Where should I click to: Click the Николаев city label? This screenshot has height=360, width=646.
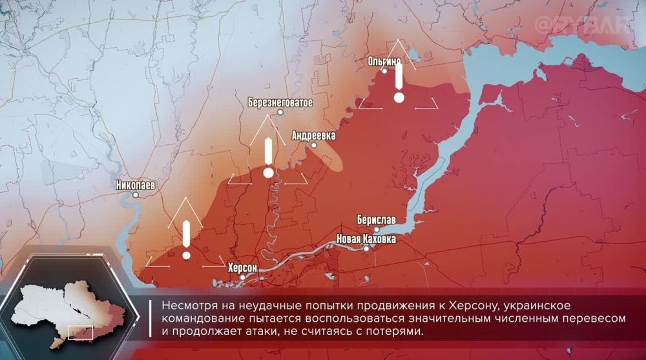(x=136, y=185)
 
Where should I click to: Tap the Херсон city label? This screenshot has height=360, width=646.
(x=243, y=267)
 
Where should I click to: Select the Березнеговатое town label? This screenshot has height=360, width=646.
(x=280, y=102)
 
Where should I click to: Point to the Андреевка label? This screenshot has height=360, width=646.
(x=314, y=136)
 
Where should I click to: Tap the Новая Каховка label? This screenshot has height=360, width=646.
(x=366, y=238)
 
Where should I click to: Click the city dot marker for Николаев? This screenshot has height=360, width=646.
(x=136, y=195)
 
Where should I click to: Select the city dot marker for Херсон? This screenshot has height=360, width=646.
(x=243, y=277)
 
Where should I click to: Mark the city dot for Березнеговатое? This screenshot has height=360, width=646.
(x=280, y=112)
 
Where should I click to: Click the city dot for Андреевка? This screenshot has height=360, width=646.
(x=314, y=145)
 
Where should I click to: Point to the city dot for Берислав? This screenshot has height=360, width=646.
(x=377, y=229)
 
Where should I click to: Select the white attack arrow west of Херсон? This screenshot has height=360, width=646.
(x=186, y=239)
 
